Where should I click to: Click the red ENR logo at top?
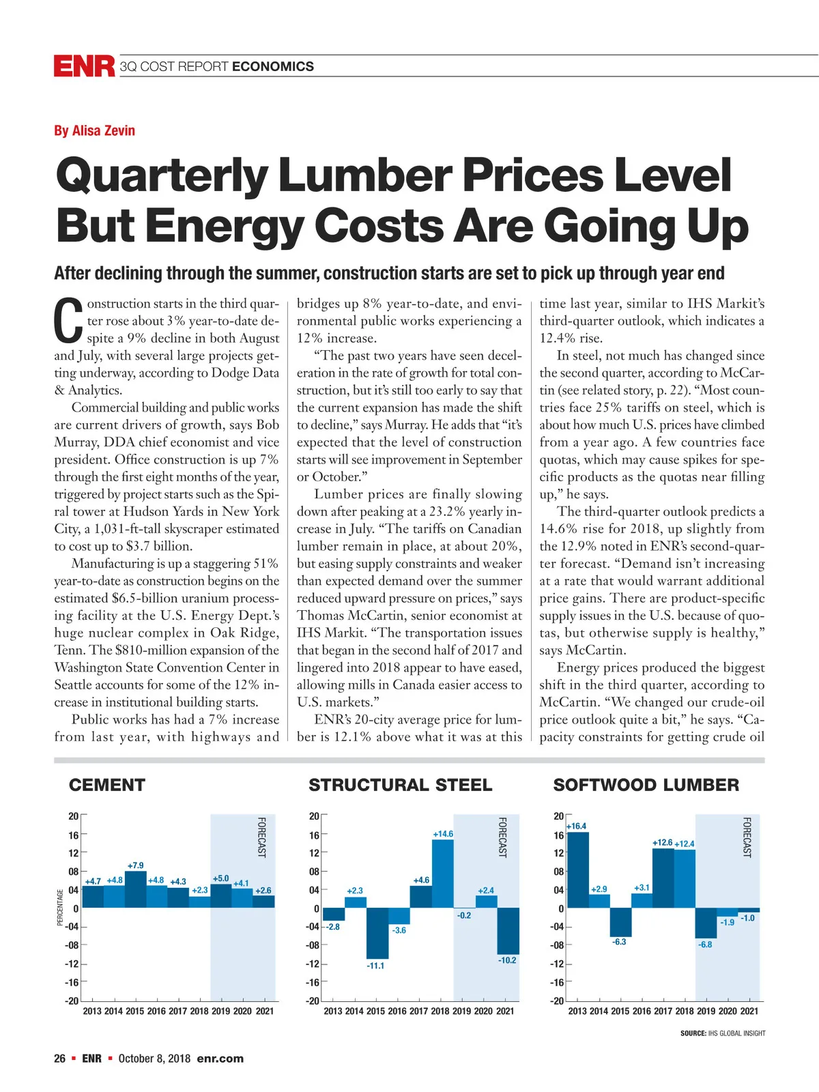[x=84, y=66]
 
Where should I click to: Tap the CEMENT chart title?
[x=107, y=785]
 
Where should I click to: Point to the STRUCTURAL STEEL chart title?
[x=400, y=785]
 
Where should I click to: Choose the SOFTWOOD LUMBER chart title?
[x=646, y=785]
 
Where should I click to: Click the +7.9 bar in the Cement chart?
[x=135, y=889]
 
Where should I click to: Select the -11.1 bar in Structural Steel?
[x=377, y=933]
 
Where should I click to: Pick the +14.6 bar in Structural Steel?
[x=442, y=874]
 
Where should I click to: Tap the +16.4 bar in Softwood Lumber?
[x=578, y=870]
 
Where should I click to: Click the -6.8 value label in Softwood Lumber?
[x=705, y=945]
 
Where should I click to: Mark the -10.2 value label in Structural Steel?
[x=507, y=960]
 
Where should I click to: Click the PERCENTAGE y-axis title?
[x=60, y=907]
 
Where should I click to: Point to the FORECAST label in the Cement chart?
[x=261, y=837]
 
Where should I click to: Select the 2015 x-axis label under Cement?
[x=134, y=1011]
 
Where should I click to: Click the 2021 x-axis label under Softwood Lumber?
[x=749, y=1011]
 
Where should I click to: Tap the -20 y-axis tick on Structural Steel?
[x=313, y=1001]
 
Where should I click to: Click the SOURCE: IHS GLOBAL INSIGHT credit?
[x=722, y=1033]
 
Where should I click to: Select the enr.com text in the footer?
[x=220, y=1059]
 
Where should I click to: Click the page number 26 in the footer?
[x=60, y=1059]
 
